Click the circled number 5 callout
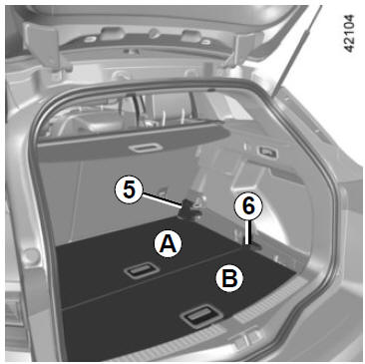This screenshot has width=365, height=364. [x=130, y=190]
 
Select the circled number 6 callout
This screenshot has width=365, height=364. [x=248, y=206]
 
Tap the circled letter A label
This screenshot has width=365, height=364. [x=169, y=243]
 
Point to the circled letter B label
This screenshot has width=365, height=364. [x=229, y=278]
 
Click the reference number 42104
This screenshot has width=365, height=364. [x=349, y=33]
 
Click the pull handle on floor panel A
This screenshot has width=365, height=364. [x=142, y=270]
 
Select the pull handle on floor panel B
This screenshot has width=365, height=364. [x=201, y=316]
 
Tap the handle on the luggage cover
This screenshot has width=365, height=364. [x=146, y=148]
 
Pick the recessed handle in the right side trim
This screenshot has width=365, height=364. [x=267, y=152]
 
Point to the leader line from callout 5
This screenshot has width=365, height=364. [x=163, y=200]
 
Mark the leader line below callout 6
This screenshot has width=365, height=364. [x=246, y=232]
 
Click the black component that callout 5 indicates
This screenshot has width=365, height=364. [x=187, y=210]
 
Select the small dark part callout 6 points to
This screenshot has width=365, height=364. [x=254, y=246]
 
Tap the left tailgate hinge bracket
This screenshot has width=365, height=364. [x=47, y=47]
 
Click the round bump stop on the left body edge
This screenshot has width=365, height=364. [x=32, y=255]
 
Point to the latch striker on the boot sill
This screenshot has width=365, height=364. [x=245, y=338]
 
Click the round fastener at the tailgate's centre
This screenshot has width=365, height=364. [x=154, y=33]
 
